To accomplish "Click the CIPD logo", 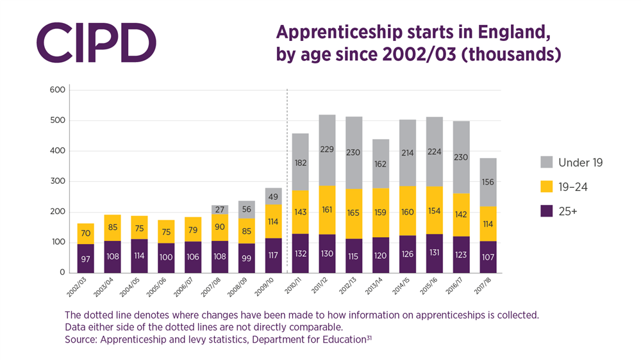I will click(x=97, y=42).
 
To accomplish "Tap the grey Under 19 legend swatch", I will click(x=547, y=163).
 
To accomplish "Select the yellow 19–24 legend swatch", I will click(x=547, y=186).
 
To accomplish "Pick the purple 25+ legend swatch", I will click(x=547, y=211).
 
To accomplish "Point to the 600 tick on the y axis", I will click(x=58, y=90).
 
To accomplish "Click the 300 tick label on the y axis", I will click(x=58, y=182).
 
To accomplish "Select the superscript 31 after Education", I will click(x=369, y=336).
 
